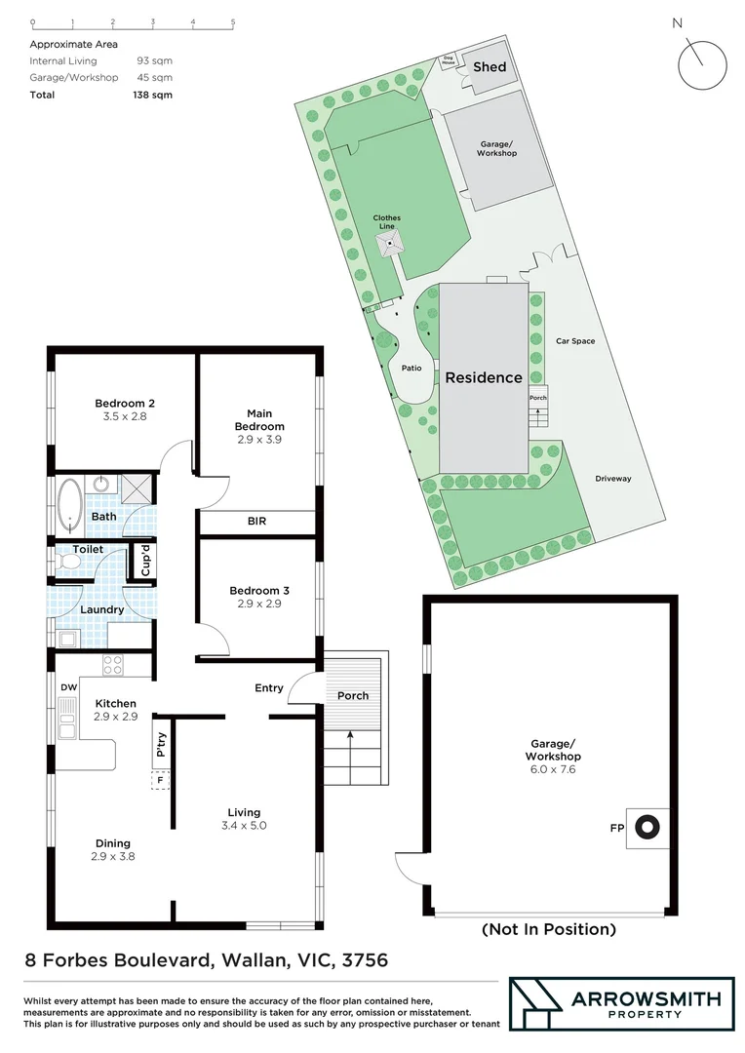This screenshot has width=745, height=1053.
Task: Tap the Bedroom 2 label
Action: click(125, 403)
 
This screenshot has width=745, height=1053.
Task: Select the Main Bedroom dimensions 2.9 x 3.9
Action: click(259, 440)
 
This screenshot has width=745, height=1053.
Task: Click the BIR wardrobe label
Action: click(256, 522)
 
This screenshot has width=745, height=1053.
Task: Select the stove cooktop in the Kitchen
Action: click(113, 666)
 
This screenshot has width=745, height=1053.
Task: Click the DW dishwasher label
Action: click(67, 687)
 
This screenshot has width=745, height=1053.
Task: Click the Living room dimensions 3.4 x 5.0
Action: click(245, 825)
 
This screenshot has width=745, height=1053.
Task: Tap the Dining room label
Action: click(112, 843)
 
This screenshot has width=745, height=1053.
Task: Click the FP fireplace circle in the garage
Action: click(645, 828)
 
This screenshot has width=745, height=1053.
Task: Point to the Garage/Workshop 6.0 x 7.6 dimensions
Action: click(552, 769)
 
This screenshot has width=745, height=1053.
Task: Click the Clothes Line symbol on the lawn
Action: click(390, 244)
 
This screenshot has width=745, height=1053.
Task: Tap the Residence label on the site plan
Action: click(484, 377)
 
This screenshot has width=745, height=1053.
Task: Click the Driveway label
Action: click(613, 479)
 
